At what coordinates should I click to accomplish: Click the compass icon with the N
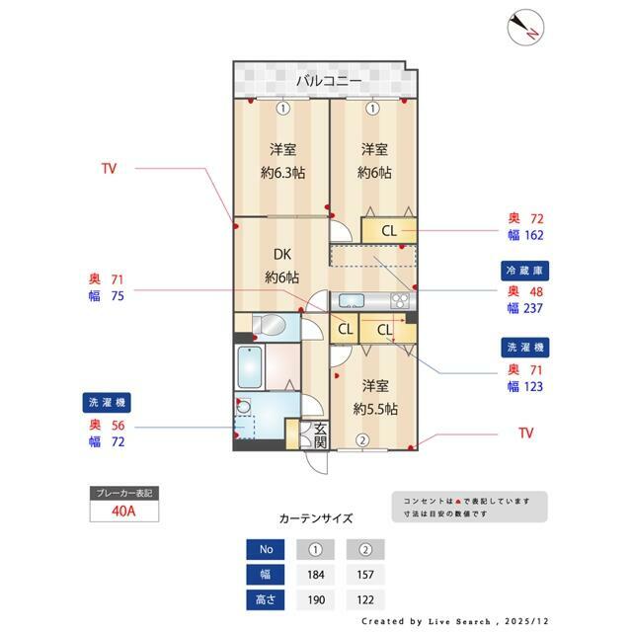click(525, 28)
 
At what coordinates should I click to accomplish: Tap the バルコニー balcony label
click(329, 81)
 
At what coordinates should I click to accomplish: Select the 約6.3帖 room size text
click(283, 173)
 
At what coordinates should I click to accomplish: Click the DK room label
click(282, 255)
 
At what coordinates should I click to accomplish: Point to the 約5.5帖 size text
click(375, 409)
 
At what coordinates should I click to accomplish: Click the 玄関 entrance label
click(320, 435)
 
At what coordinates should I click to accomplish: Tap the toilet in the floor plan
click(269, 324)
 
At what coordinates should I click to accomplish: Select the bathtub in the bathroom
click(250, 367)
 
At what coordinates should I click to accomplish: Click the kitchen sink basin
click(352, 300)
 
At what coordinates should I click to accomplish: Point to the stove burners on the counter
click(400, 300)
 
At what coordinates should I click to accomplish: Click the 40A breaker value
click(123, 512)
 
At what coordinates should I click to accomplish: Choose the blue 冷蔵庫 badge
click(524, 271)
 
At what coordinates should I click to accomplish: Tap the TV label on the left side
click(109, 168)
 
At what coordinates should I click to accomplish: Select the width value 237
click(533, 308)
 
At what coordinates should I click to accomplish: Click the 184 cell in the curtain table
click(316, 575)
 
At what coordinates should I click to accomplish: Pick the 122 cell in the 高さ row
click(365, 599)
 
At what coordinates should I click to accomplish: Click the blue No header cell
click(266, 549)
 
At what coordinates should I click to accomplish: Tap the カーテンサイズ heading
click(316, 518)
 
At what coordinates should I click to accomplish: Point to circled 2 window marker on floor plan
click(362, 440)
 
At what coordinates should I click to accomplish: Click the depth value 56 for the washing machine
click(118, 426)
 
